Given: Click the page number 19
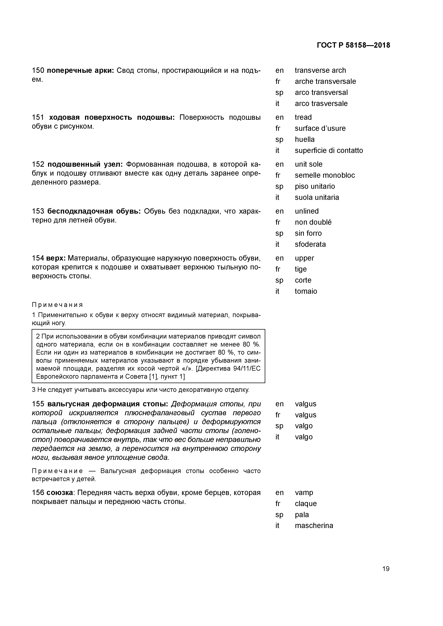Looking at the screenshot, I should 386,569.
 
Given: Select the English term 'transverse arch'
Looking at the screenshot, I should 320,70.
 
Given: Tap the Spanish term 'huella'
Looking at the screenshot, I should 304,140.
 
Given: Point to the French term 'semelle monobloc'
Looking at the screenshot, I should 325,175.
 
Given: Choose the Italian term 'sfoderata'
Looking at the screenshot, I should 310,244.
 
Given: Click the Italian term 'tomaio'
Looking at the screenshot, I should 306,291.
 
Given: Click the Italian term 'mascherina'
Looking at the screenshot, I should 314,526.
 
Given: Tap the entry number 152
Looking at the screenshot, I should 38,164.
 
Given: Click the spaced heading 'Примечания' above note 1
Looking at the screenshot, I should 57,305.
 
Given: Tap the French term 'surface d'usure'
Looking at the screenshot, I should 320,128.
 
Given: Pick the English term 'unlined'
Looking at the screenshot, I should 307,211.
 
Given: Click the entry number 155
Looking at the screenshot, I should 38,404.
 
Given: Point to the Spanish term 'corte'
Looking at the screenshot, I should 303,280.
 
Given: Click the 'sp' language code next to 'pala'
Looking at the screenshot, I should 279,515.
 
